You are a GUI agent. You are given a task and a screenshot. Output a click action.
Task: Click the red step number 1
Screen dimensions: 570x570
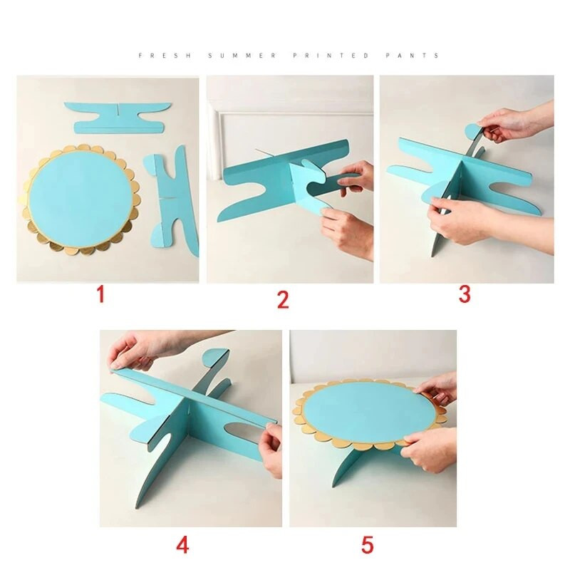[100, 294]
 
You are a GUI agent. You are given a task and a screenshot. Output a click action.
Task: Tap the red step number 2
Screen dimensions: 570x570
[283, 300]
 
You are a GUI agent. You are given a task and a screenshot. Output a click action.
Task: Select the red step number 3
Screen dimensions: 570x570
[465, 294]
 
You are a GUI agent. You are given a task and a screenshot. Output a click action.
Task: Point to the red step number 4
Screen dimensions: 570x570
[182, 545]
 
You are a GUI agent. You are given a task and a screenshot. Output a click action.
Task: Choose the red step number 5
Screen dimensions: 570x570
[368, 545]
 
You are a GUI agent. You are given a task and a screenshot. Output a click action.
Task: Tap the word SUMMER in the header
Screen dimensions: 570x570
[242, 56]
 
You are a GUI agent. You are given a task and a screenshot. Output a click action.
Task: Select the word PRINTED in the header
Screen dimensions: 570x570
[331, 56]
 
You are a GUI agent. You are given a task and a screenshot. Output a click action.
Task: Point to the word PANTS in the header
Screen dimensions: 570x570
[413, 56]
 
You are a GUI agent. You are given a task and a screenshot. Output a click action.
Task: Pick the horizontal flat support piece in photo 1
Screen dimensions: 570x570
[118, 118]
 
